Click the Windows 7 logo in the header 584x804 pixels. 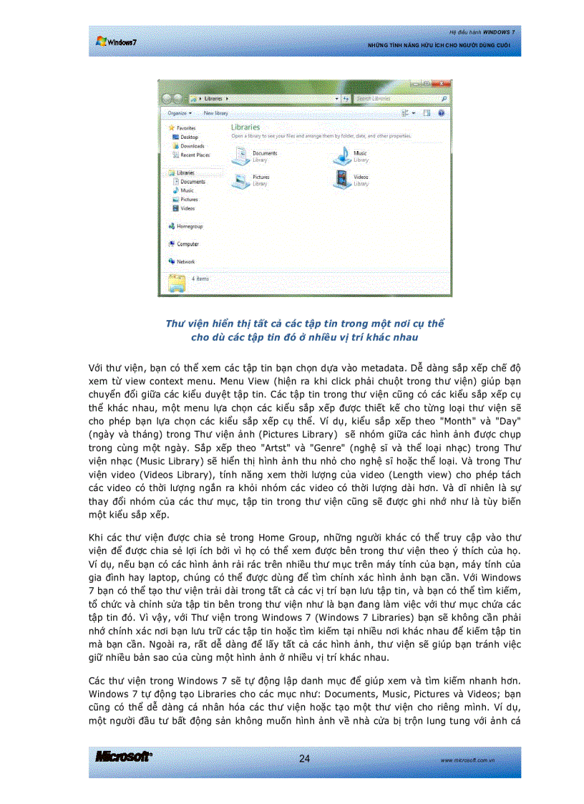pos(116,42)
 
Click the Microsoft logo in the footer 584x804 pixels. pos(122,757)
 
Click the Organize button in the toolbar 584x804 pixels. pos(178,113)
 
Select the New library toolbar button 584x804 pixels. pos(215,113)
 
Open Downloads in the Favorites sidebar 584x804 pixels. pos(191,146)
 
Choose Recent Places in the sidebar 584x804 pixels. pos(194,155)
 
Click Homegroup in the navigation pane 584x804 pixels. pos(189,226)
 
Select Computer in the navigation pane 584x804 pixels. pos(187,244)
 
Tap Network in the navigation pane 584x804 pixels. pos(185,262)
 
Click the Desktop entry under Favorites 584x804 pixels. pos(189,137)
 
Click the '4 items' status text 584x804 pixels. pos(200,279)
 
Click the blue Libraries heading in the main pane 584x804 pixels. pos(245,127)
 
